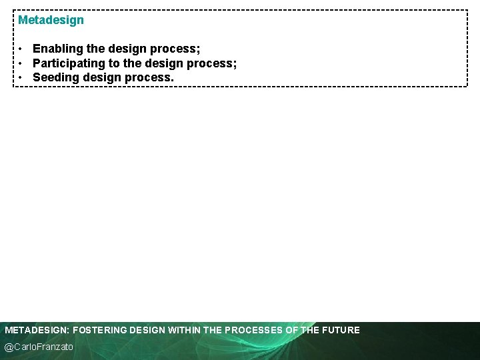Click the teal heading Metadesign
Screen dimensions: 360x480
tap(51, 20)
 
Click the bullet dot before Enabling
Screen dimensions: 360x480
tap(22, 49)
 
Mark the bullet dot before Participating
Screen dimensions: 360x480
tap(22, 63)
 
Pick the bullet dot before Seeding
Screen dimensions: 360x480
tap(22, 77)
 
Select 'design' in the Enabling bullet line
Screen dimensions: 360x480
tap(127, 49)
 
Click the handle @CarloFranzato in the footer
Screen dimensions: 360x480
tap(39, 347)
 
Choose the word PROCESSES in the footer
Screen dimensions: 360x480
tap(254, 330)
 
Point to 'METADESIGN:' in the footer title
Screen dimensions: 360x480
tap(37, 330)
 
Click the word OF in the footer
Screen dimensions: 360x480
tap(292, 330)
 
